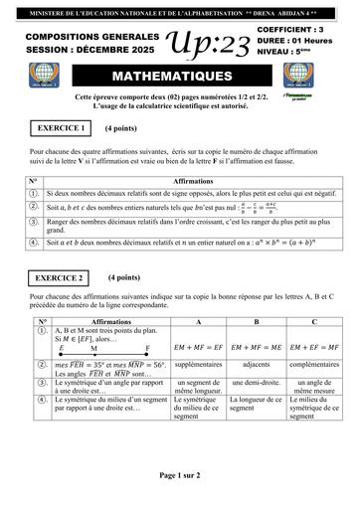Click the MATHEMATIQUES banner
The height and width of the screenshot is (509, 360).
tap(180, 75)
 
